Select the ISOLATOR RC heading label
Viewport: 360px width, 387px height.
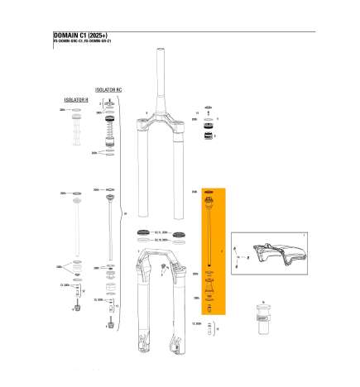109,86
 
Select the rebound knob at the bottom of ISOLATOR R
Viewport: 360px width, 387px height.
75,309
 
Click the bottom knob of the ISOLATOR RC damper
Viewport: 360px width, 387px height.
109,325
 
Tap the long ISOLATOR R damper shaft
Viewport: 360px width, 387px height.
75,227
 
